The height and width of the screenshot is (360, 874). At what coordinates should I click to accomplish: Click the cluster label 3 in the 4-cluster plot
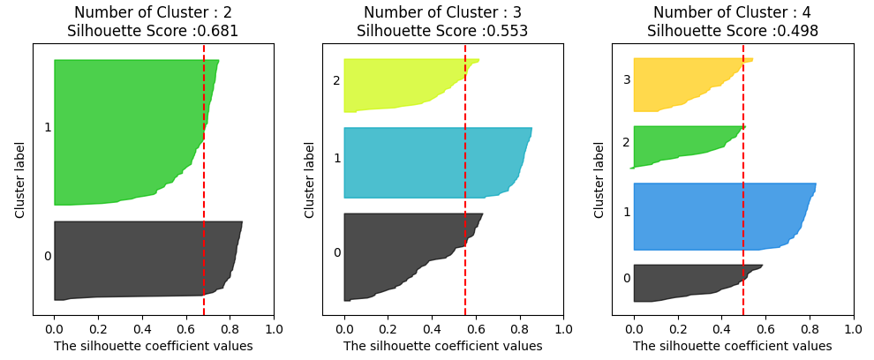point(627,80)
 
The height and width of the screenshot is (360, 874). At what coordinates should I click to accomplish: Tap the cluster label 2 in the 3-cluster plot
point(336,81)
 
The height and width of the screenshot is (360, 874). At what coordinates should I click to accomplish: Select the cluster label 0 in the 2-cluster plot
point(48,257)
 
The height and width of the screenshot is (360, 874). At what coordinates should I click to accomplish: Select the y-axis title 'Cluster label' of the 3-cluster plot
point(310,180)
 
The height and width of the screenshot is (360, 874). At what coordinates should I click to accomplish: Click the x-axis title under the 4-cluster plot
point(732,346)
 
